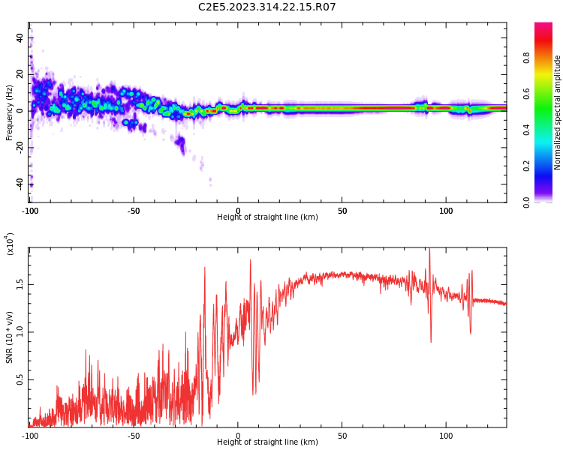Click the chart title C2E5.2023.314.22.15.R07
[x=266, y=7]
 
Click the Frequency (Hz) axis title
[x=10, y=112]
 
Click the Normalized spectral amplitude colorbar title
[x=558, y=112]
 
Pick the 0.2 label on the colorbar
[x=548, y=166]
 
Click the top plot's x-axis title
[x=267, y=217]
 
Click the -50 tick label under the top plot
[x=134, y=210]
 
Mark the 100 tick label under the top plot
[x=446, y=210]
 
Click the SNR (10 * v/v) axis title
[x=10, y=330]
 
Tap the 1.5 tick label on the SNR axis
[x=20, y=284]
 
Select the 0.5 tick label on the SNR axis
[x=20, y=380]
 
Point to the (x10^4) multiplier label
[x=10, y=244]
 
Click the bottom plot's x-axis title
[x=267, y=442]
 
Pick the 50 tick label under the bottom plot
[x=342, y=435]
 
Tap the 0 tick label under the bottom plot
[x=238, y=435]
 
